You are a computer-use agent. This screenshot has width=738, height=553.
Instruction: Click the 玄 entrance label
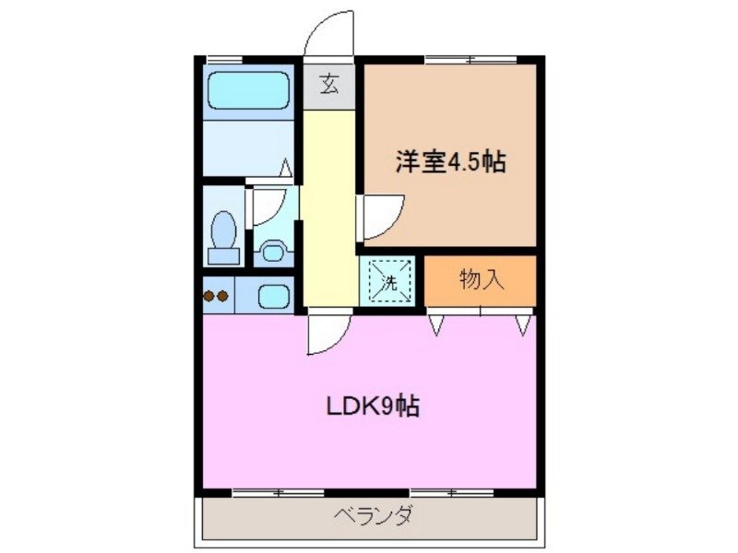pos(329,86)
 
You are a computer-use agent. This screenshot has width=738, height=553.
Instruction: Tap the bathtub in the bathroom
pos(246,92)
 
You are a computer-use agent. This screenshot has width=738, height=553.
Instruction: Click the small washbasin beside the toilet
pos(271,250)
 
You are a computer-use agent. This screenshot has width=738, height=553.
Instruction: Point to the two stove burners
pos(216,296)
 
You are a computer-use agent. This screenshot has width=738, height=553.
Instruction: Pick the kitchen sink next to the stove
pos(273,297)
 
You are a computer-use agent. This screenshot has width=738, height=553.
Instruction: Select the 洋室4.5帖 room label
pos(449,163)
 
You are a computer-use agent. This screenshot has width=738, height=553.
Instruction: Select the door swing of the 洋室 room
pos(381,216)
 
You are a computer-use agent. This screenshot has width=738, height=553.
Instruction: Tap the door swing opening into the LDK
pos(326,334)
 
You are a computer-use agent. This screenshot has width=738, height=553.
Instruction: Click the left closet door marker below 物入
pos(435,324)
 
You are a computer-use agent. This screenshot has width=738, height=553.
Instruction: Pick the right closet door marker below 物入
pos(523,324)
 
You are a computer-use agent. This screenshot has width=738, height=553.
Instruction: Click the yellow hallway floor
pos(327,212)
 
